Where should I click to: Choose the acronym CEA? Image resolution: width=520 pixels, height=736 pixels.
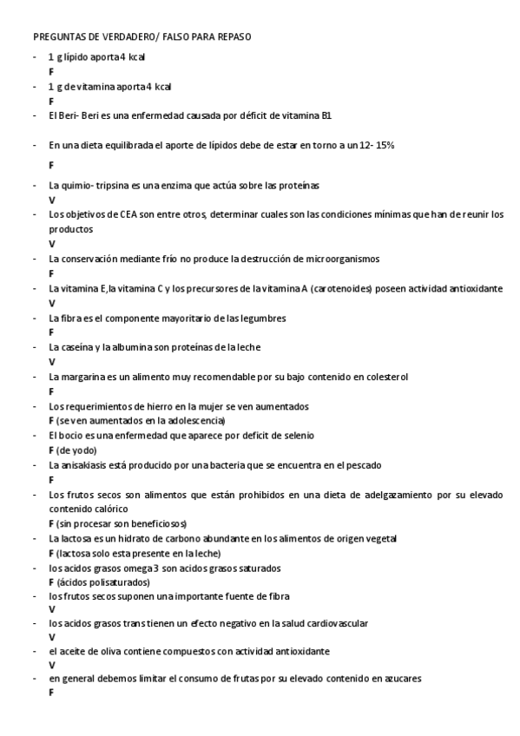118,214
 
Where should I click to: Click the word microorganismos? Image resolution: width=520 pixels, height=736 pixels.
339,259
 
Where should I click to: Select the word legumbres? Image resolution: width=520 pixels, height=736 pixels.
261,318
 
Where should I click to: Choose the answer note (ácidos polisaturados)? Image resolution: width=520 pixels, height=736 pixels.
103,582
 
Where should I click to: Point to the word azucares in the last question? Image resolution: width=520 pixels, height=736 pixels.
400,680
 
